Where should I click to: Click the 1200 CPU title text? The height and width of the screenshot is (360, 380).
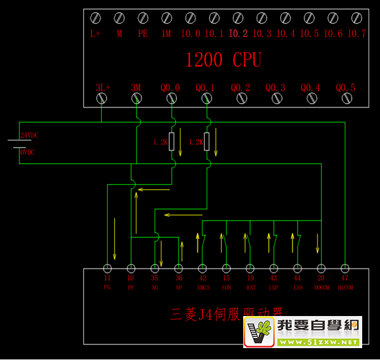223,60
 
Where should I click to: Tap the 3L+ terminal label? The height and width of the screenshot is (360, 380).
102,88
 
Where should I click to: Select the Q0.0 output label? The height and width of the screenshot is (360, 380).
170,88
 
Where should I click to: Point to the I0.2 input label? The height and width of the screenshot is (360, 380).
238,34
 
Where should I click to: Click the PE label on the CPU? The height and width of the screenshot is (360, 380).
143,34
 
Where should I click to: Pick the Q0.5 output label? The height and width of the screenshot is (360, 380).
346,88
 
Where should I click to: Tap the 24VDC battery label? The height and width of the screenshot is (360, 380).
29,135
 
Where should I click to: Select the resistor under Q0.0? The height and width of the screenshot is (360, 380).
171,142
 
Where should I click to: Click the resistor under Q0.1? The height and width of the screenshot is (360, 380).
206,142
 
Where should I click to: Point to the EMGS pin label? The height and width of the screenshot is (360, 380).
203,287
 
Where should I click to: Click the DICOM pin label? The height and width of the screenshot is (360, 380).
346,287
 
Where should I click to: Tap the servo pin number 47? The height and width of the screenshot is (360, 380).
346,278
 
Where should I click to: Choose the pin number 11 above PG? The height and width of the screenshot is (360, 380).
107,278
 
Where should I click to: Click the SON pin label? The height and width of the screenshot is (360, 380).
227,287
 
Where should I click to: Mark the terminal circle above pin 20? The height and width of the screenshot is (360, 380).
322,268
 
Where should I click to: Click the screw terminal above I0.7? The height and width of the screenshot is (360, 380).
357,18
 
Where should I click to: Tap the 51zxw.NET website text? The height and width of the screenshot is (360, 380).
318,342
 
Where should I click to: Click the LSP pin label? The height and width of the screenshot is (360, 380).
274,287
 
